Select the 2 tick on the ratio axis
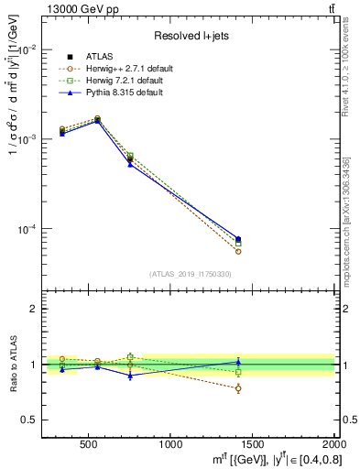33,310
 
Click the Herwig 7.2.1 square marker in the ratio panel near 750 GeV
130,356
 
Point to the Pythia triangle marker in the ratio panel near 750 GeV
130,376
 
